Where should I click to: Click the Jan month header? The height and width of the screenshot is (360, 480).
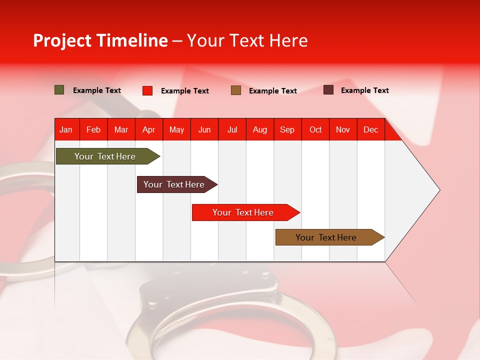click(66, 130)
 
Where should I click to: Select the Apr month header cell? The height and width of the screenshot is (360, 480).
click(149, 130)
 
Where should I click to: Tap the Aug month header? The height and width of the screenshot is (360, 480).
click(260, 130)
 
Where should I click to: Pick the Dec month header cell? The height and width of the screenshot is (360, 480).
click(371, 130)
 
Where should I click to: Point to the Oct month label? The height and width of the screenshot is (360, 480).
click(315, 130)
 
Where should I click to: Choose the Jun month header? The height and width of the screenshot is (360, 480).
click(204, 130)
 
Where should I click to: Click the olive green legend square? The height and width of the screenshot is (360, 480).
click(59, 90)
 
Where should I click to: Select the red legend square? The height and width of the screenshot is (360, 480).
click(147, 90)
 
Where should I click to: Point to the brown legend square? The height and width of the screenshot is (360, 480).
click(236, 90)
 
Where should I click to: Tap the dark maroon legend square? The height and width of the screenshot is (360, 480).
click(328, 90)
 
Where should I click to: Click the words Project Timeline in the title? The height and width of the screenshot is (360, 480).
click(100, 40)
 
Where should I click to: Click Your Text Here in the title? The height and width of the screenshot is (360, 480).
click(247, 40)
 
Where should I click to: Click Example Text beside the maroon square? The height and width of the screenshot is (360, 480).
click(364, 90)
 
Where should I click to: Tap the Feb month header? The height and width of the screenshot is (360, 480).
click(93, 130)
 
